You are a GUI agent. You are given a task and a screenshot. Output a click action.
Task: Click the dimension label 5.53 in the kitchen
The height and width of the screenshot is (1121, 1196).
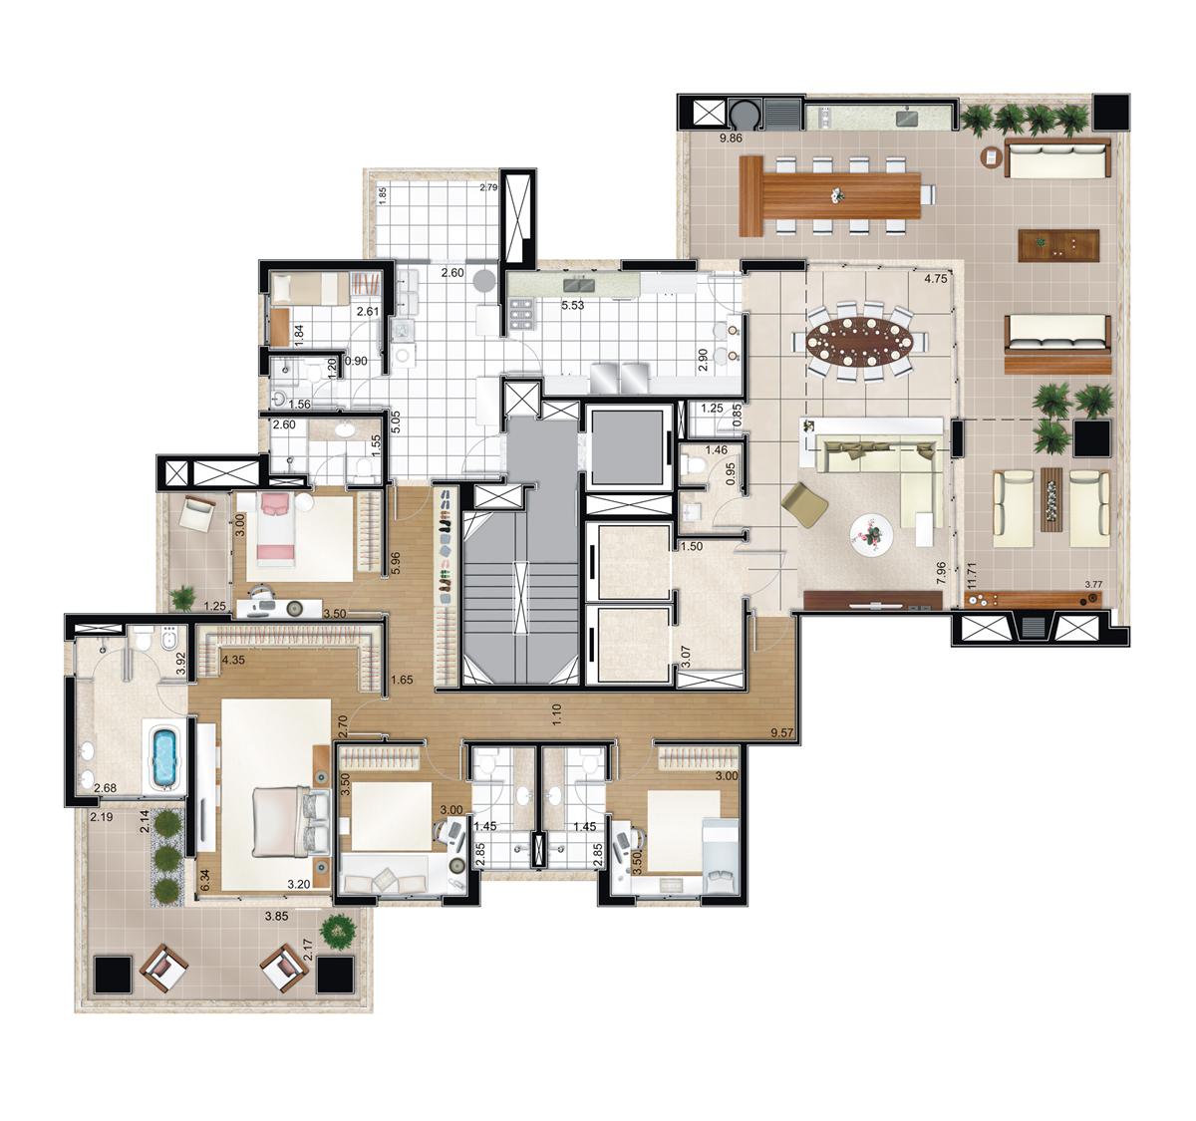[x=573, y=305]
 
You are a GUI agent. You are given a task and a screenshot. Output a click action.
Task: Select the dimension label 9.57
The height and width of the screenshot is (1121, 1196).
[x=782, y=733]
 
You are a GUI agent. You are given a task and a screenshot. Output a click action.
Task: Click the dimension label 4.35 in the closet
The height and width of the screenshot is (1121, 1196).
[x=233, y=660]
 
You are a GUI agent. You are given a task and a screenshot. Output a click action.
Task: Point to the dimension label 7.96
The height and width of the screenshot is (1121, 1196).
[x=943, y=572]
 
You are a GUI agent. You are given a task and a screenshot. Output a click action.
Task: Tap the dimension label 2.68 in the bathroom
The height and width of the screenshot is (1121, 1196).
[x=105, y=788]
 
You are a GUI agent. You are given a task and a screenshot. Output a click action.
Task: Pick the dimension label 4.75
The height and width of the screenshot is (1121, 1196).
[x=936, y=279]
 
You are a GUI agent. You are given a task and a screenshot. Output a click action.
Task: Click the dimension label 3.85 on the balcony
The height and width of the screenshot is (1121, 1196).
[x=276, y=916]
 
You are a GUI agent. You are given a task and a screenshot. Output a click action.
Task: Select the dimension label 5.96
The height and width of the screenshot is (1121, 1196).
[x=395, y=563]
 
